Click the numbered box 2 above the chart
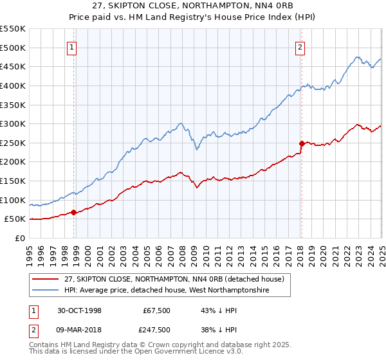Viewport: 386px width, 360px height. point(300,47)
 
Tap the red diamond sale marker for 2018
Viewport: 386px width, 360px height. point(301,143)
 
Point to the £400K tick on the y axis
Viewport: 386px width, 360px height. point(14,85)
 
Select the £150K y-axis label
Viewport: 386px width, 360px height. point(14,181)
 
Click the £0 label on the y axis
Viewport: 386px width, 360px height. point(20,238)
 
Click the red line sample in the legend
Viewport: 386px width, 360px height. point(45,278)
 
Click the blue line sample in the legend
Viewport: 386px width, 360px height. point(45,291)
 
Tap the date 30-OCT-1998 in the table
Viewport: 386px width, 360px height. point(80,310)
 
